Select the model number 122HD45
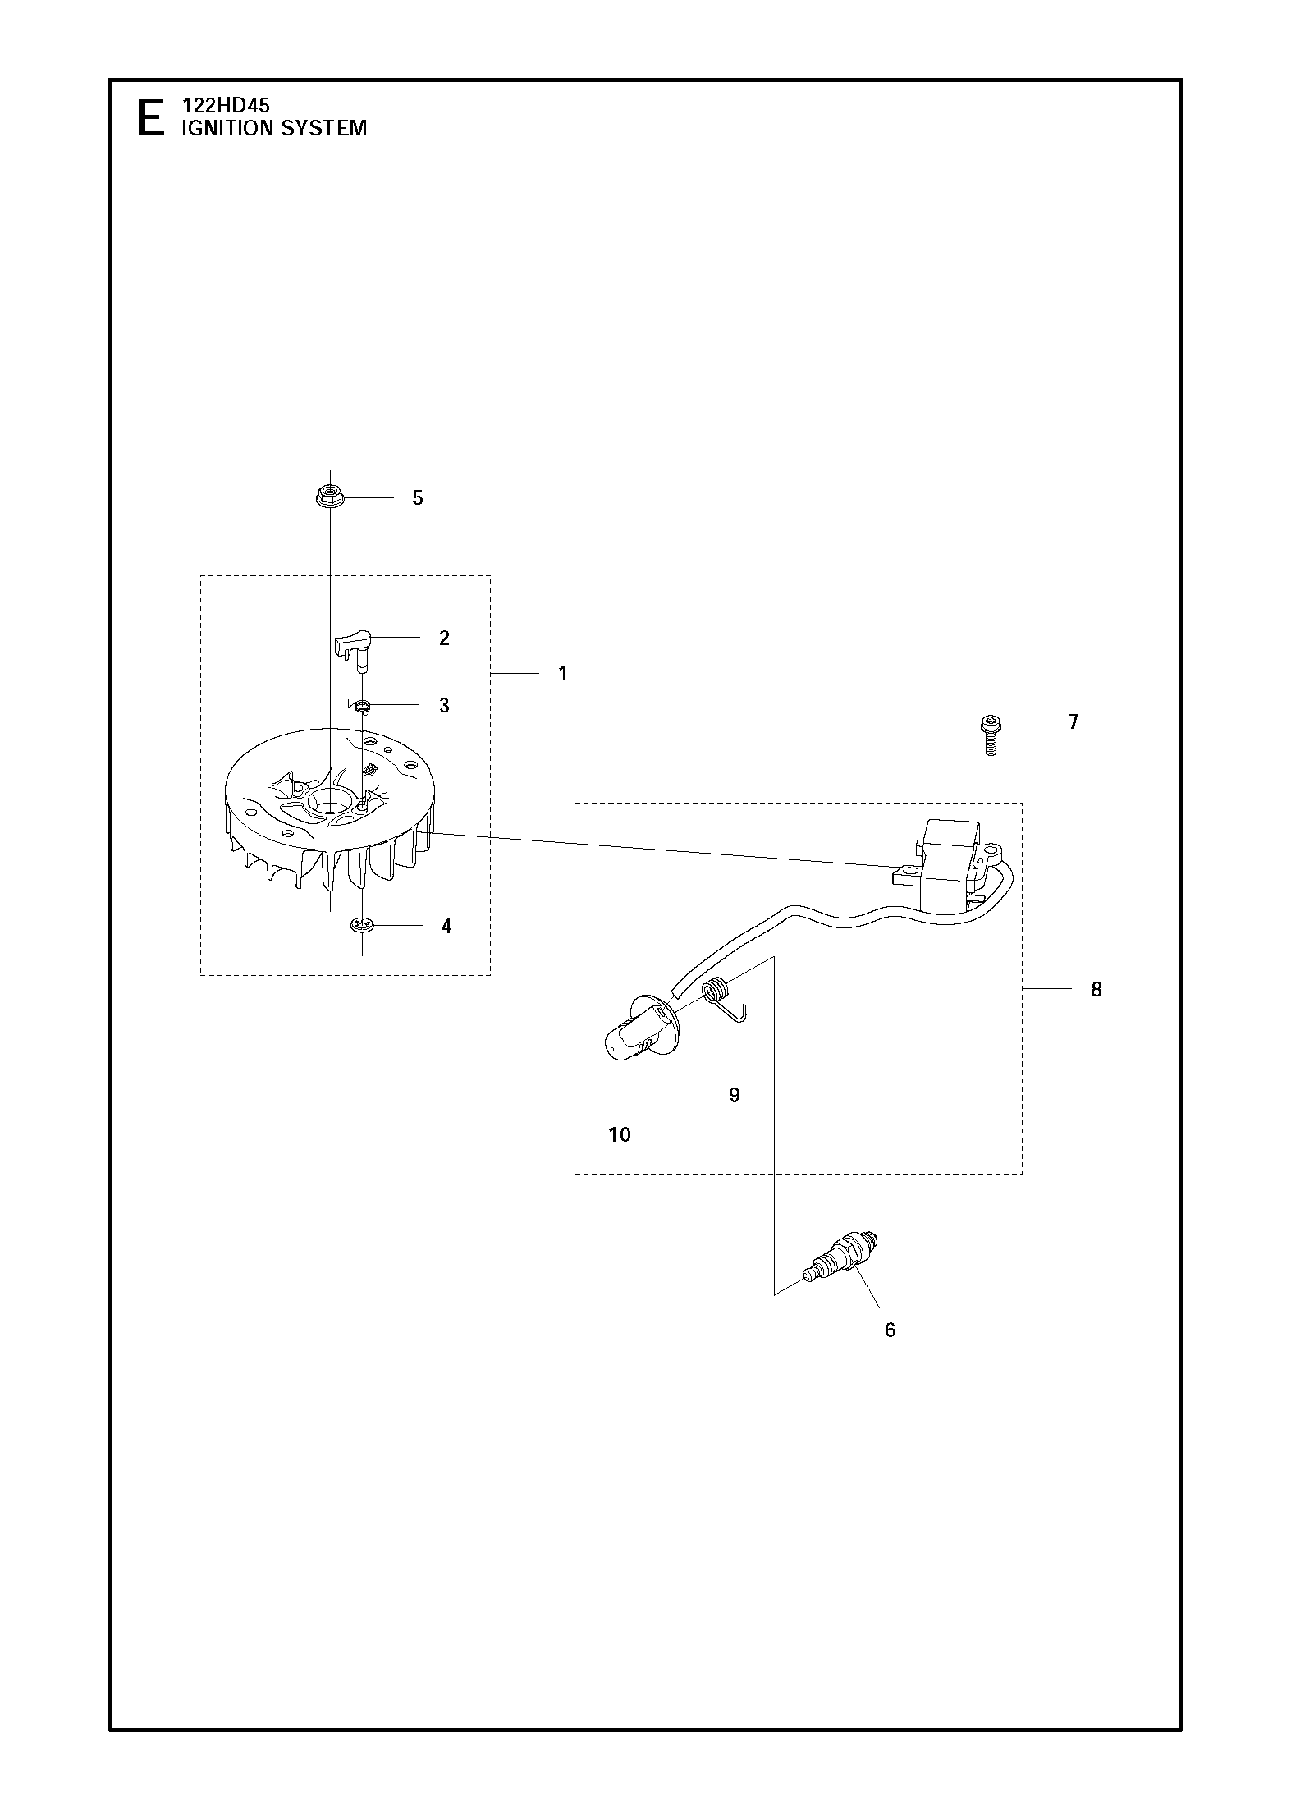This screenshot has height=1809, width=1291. (226, 106)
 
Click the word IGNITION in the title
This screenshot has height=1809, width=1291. (227, 128)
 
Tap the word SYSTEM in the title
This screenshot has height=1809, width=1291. (323, 128)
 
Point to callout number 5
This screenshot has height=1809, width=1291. (418, 498)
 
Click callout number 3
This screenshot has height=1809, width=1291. (444, 706)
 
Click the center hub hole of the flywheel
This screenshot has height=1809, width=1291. (332, 799)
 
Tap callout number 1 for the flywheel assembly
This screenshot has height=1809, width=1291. (563, 674)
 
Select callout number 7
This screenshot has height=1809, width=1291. (1074, 722)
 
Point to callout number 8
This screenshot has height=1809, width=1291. (1096, 990)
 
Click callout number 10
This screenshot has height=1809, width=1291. (620, 1135)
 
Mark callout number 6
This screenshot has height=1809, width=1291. (890, 1330)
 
